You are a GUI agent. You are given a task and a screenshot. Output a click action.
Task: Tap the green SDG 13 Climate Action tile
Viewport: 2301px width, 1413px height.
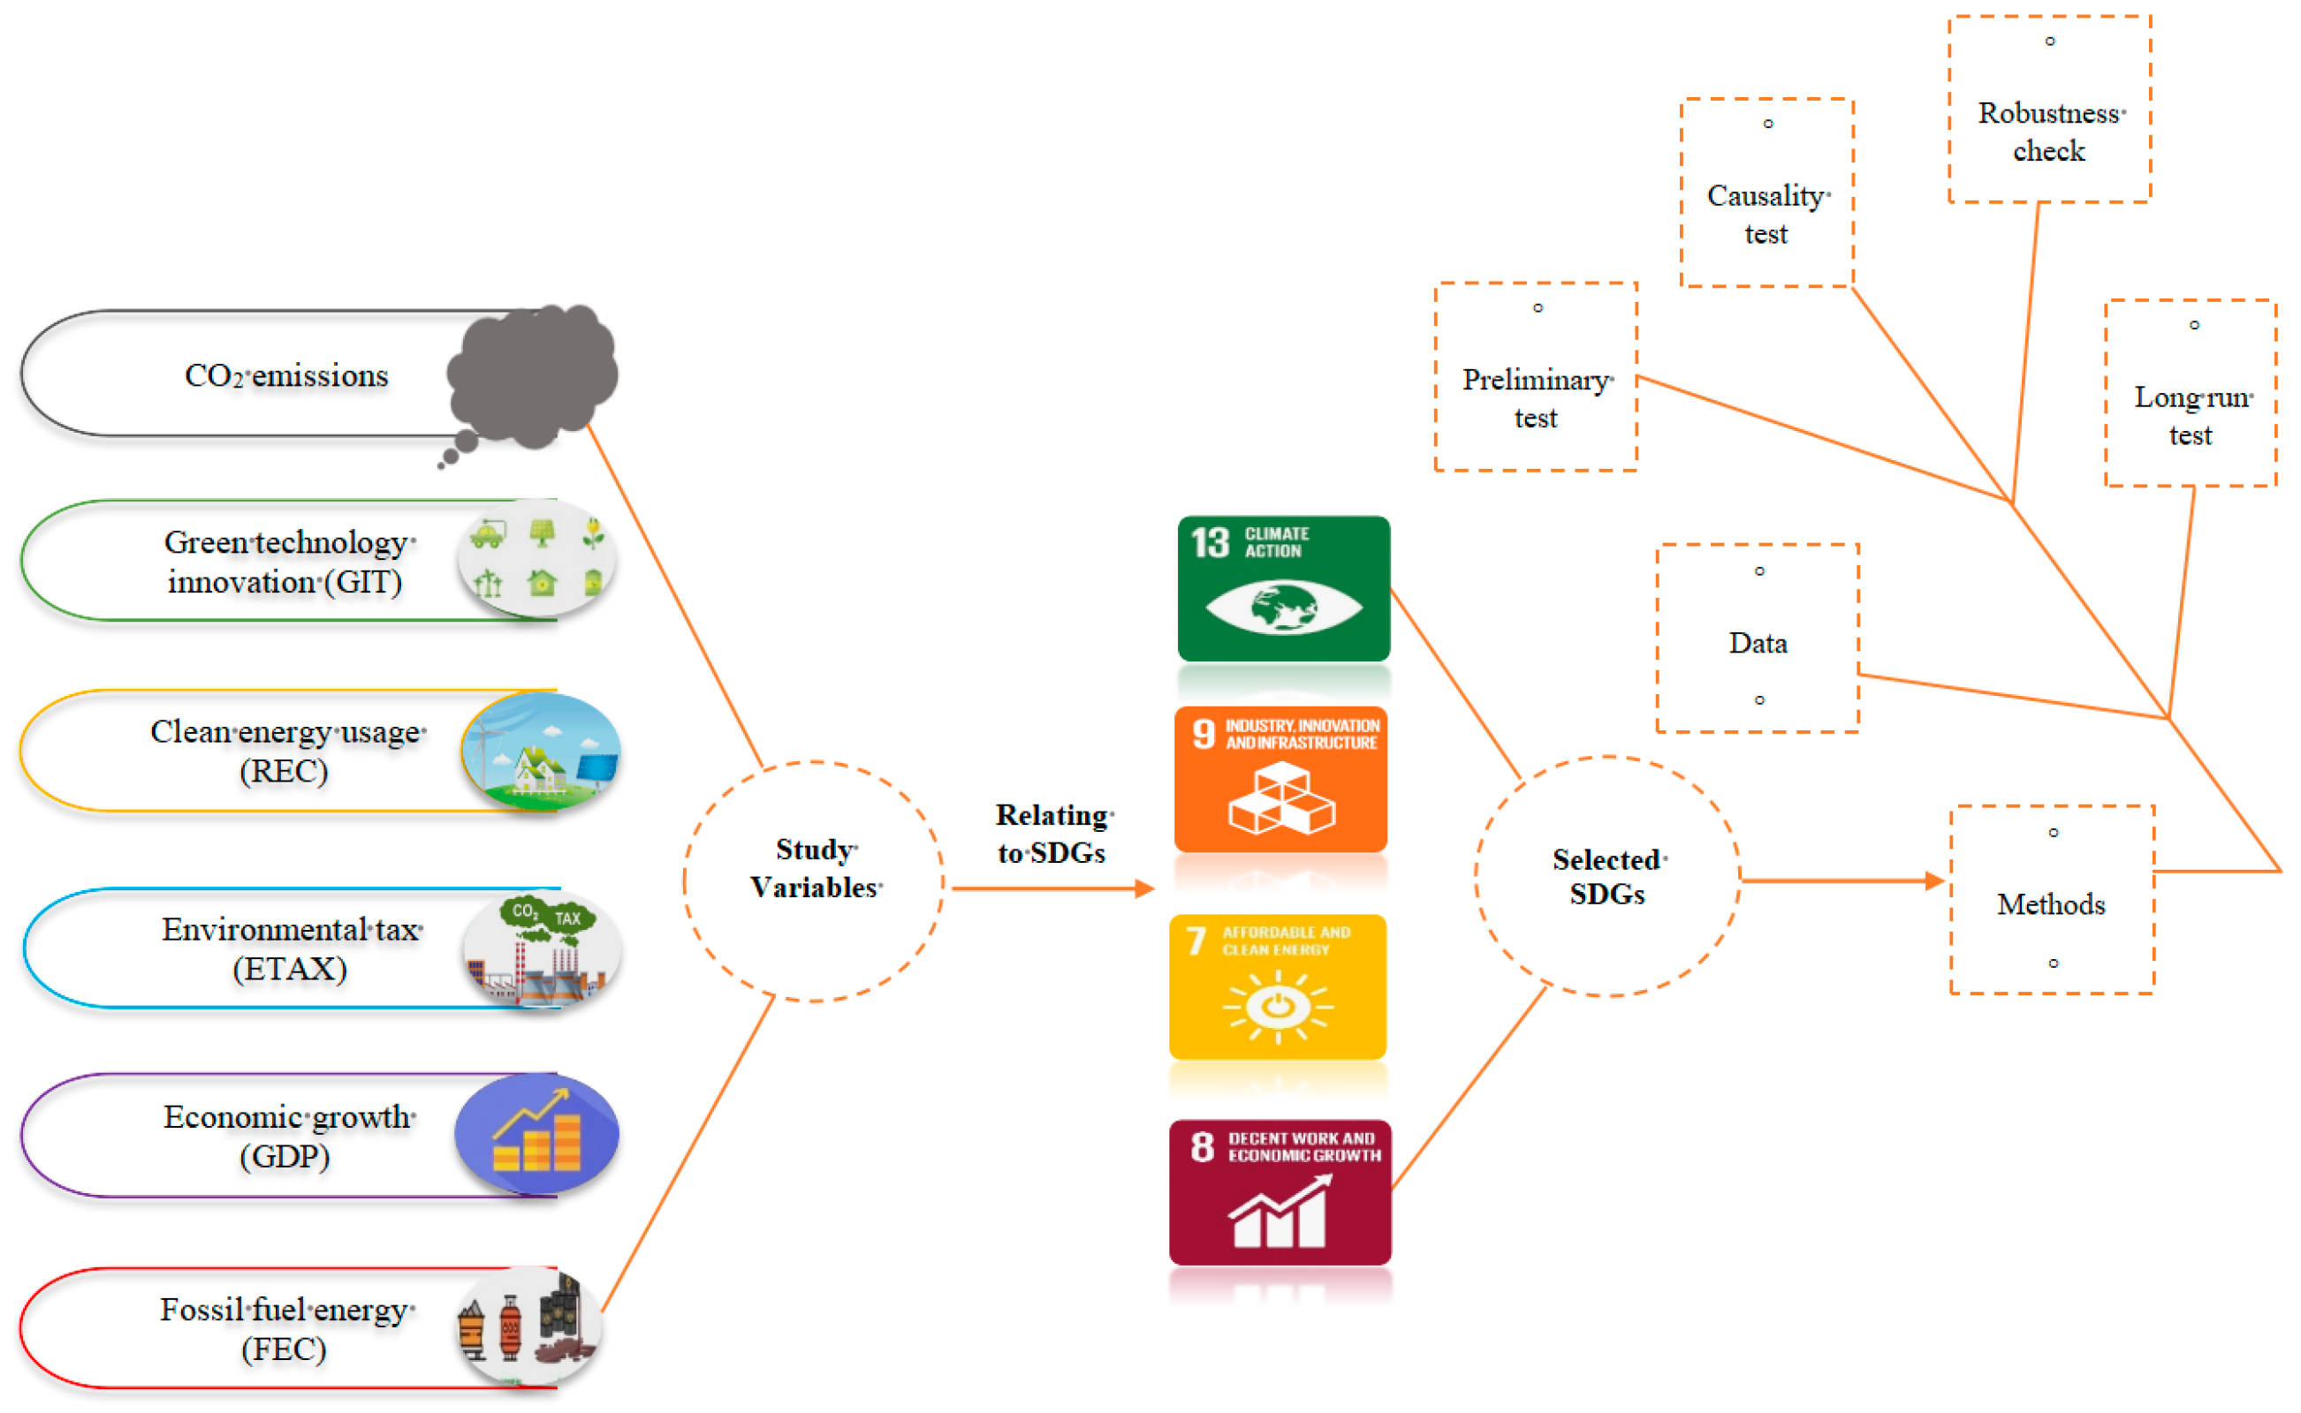[1283, 589]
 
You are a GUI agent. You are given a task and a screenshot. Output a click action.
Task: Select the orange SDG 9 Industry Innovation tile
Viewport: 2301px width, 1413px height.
[1280, 780]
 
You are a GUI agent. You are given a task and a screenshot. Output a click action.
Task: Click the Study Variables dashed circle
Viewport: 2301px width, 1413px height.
[814, 882]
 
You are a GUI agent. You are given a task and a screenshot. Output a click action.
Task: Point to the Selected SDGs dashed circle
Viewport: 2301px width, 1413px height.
[1606, 877]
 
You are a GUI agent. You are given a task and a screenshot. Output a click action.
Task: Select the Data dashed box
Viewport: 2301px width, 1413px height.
[1757, 639]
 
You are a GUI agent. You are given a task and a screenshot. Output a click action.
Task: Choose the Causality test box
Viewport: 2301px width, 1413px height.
[1766, 193]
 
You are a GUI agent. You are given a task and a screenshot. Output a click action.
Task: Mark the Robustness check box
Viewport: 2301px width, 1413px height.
[2048, 110]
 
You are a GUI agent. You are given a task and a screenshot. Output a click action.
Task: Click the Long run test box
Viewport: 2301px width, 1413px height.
[2190, 395]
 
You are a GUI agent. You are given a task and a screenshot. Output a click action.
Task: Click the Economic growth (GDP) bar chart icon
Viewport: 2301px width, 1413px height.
[536, 1135]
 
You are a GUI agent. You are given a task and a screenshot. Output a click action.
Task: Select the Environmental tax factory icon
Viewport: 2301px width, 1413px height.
[541, 949]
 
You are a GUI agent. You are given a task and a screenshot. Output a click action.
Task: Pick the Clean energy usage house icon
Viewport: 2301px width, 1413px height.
[541, 753]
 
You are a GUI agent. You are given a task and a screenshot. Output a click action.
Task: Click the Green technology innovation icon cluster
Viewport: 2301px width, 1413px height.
[536, 559]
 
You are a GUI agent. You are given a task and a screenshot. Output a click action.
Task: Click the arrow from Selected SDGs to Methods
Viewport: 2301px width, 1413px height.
[1842, 880]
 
